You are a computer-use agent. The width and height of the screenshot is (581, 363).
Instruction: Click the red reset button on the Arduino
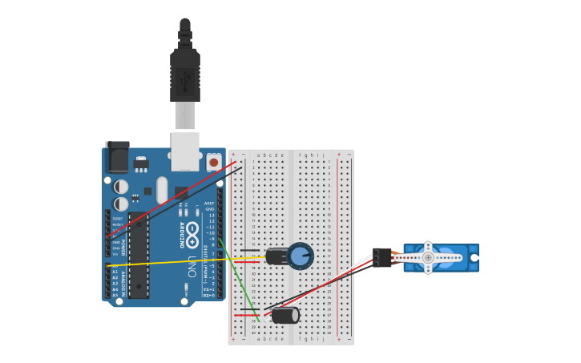coord(213,163)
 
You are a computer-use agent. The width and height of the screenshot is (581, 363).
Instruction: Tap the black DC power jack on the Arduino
coord(117,157)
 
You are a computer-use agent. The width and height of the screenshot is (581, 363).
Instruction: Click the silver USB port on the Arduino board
coord(185,151)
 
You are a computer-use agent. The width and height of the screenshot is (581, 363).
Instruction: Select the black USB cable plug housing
coord(185,76)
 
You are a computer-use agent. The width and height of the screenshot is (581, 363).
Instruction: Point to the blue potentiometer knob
coord(301,256)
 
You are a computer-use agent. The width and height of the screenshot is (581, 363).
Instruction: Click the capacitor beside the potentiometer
coord(277,256)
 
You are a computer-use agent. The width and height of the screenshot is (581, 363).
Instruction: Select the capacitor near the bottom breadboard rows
coord(284,316)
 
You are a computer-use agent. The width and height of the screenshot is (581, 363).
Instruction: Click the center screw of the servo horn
coord(428,258)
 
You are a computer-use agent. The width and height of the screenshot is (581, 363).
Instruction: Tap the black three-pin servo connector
coord(382,257)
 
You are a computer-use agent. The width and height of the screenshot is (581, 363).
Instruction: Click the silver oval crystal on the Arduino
coord(162,191)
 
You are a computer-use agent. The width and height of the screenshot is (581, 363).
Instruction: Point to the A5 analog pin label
coord(115,296)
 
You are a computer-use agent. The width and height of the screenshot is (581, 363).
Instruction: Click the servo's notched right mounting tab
coord(474,258)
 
